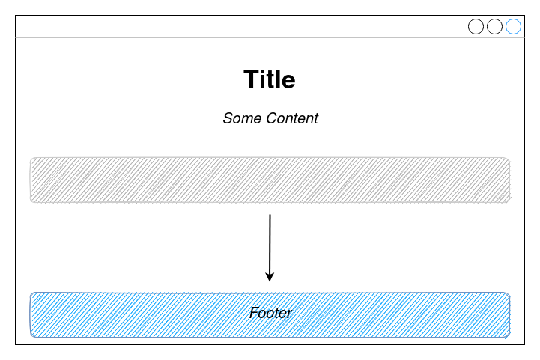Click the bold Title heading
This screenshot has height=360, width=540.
(270, 79)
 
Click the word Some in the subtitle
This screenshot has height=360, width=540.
(239, 118)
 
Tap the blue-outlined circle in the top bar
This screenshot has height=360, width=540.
(513, 27)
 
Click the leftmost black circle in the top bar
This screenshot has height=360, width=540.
(476, 27)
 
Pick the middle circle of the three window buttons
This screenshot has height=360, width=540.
(494, 27)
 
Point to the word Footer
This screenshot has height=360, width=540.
(270, 313)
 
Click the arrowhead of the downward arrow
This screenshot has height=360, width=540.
(270, 277)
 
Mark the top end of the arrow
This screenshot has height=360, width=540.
(270, 216)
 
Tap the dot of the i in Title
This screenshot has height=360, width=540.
(265, 70)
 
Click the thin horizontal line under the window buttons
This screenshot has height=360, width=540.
(225, 37)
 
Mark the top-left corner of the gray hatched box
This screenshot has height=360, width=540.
(31, 159)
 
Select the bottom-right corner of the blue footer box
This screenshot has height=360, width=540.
(509, 336)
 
